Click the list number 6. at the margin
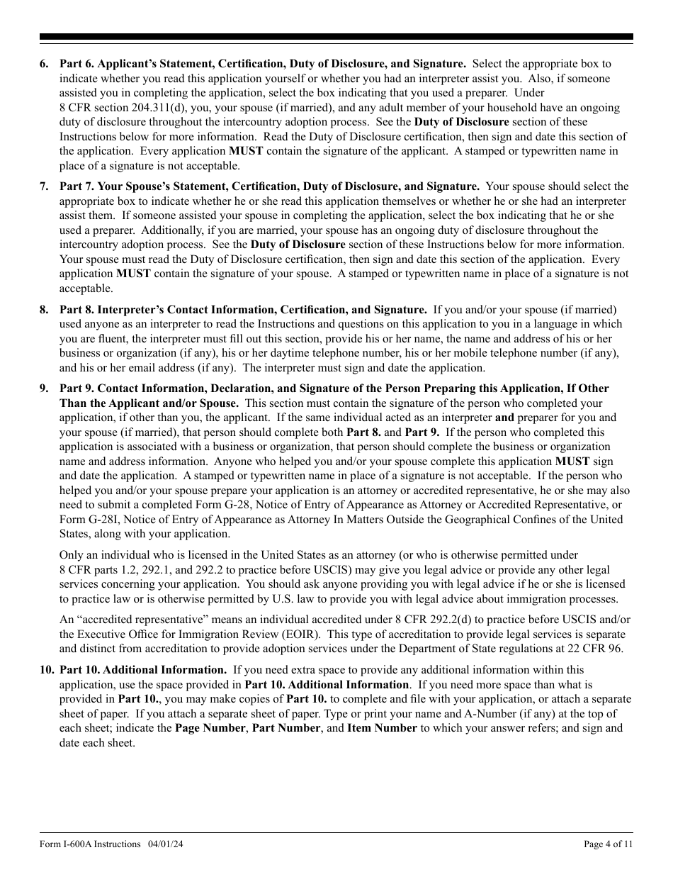pyautogui.click(x=44, y=64)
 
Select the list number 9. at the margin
pyautogui.click(x=44, y=389)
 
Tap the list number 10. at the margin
pyautogui.click(x=47, y=670)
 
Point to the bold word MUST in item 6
pyautogui.click(x=246, y=152)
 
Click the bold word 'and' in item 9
pyautogui.click(x=504, y=418)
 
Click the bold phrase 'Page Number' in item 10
pyautogui.click(x=209, y=728)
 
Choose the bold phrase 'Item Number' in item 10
pyautogui.click(x=382, y=728)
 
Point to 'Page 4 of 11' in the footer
pyautogui.click(x=608, y=844)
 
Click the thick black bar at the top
pyautogui.click(x=336, y=37)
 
